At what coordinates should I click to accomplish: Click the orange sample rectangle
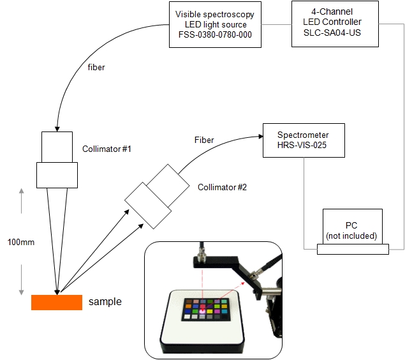click(57, 303)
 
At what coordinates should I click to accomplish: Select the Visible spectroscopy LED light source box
click(215, 24)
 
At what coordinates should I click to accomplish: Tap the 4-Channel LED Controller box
click(335, 24)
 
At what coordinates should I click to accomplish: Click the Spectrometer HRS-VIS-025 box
click(304, 140)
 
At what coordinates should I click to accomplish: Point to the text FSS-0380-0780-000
click(215, 34)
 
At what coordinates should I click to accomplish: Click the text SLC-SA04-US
click(332, 33)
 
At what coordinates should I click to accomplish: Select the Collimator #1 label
click(107, 149)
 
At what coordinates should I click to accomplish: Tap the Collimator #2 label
click(222, 187)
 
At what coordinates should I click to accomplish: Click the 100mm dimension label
click(21, 242)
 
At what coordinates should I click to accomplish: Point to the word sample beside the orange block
click(105, 301)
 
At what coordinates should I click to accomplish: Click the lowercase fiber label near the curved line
click(96, 67)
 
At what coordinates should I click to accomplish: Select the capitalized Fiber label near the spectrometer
click(204, 140)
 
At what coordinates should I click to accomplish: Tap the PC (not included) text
click(351, 230)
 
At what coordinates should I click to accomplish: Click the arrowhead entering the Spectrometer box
click(261, 137)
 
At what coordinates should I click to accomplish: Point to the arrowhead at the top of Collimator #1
click(57, 129)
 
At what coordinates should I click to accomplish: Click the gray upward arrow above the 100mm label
click(22, 201)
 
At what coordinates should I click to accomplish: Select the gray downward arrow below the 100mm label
click(22, 280)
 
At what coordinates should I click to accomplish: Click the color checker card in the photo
click(206, 310)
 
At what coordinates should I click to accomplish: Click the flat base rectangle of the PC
click(353, 249)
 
